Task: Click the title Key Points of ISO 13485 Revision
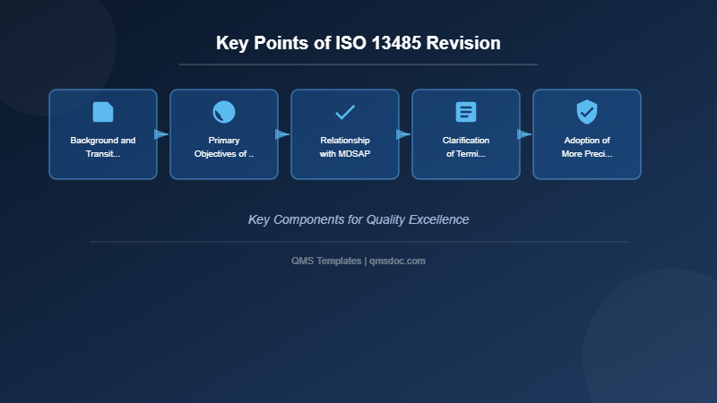pyautogui.click(x=358, y=43)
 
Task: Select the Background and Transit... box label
pyautogui.click(x=103, y=147)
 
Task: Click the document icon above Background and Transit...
pyautogui.click(x=103, y=112)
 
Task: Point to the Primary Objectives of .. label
pyautogui.click(x=224, y=147)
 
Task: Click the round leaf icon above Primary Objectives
pyautogui.click(x=224, y=112)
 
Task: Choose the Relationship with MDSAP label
pyautogui.click(x=345, y=147)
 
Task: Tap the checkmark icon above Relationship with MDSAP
pyautogui.click(x=345, y=112)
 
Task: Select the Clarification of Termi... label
pyautogui.click(x=466, y=147)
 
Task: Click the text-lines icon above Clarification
pyautogui.click(x=466, y=112)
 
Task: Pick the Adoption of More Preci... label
pyautogui.click(x=587, y=147)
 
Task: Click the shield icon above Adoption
pyautogui.click(x=587, y=112)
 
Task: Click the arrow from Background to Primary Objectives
pyautogui.click(x=161, y=134)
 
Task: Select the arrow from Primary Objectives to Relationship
pyautogui.click(x=282, y=134)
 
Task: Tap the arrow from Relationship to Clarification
pyautogui.click(x=403, y=134)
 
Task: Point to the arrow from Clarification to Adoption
pyautogui.click(x=524, y=134)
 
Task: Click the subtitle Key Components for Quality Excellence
pyautogui.click(x=358, y=219)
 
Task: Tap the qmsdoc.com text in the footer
pyautogui.click(x=397, y=261)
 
